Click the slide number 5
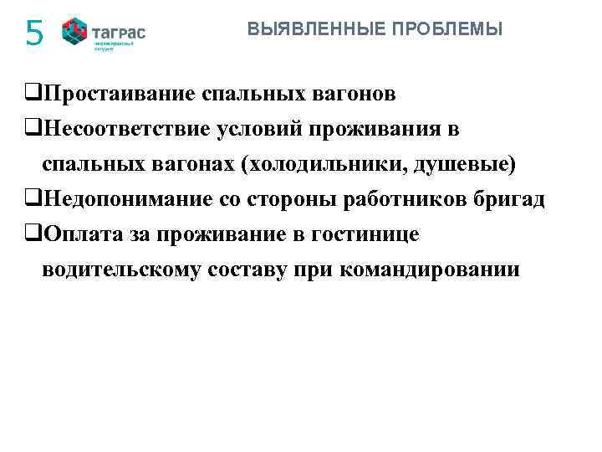click(x=33, y=34)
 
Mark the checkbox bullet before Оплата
click(x=33, y=236)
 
